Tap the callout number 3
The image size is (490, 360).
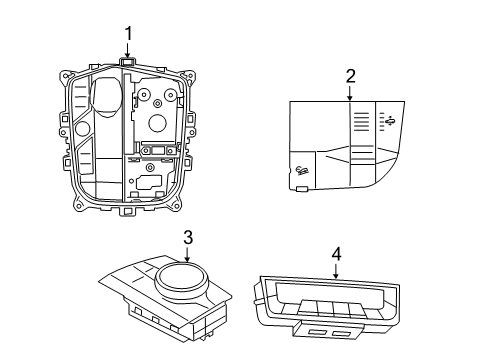coord(187,237)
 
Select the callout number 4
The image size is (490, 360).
coord(336,254)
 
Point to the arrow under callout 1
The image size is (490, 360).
coord(128,50)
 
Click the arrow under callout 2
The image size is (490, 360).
coord(350,92)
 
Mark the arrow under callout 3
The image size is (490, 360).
coord(187,255)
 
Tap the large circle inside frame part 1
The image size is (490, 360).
coord(156,124)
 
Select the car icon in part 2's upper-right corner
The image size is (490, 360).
coord(389,121)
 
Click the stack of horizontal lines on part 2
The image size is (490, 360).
coord(362,118)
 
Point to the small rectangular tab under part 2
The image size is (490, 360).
coord(301,187)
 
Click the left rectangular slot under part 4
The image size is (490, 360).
coord(320,330)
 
